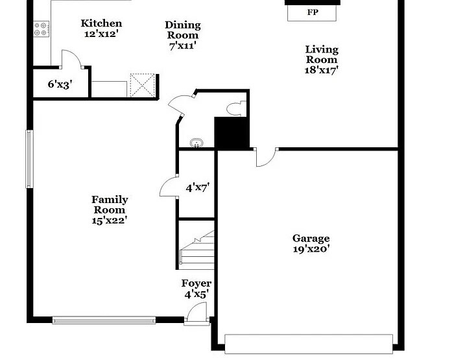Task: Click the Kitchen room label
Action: click(x=101, y=24)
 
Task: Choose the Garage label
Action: click(x=311, y=239)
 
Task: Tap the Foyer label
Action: click(x=196, y=283)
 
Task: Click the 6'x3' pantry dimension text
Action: click(x=59, y=84)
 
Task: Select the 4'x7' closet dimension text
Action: click(x=197, y=188)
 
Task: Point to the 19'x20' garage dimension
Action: click(x=311, y=249)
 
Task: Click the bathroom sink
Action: click(x=196, y=143)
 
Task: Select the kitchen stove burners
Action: click(x=41, y=28)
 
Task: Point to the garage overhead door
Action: click(x=309, y=343)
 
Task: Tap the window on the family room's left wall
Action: click(x=29, y=159)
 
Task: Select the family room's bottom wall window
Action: click(x=104, y=319)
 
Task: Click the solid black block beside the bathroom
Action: click(x=232, y=133)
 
